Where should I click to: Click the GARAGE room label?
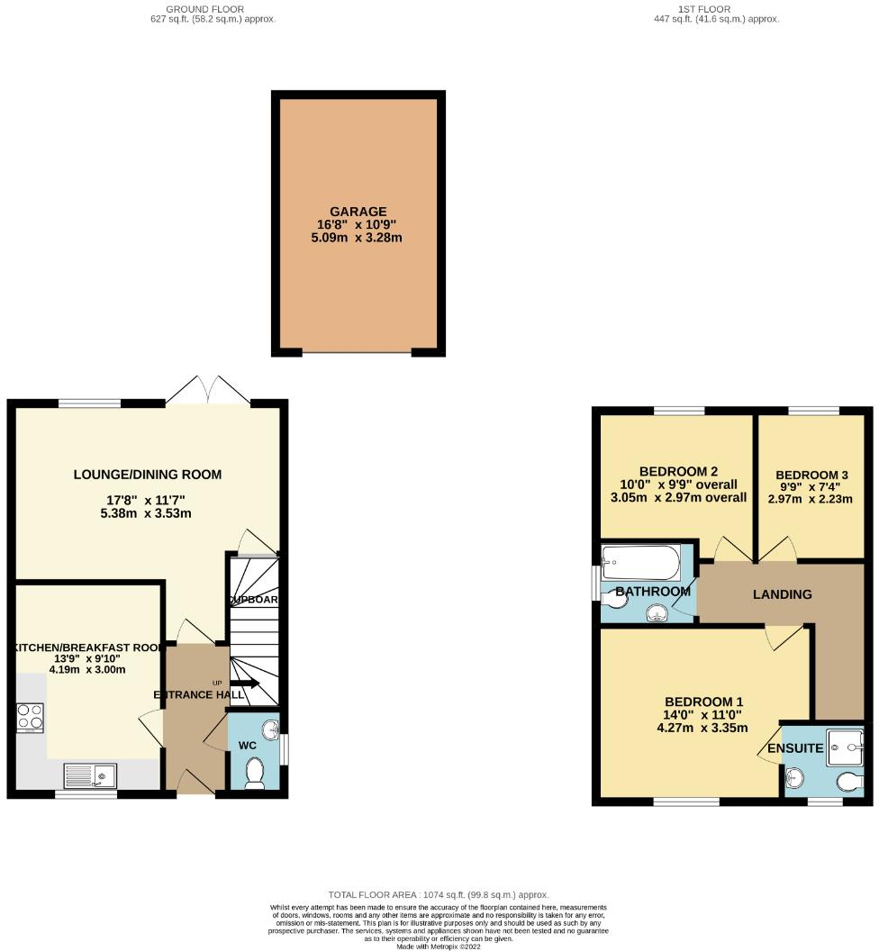tap(358, 212)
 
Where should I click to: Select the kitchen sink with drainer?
tap(91, 774)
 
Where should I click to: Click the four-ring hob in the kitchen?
tap(30, 717)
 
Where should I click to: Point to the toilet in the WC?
tap(255, 773)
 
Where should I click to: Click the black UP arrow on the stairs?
tap(245, 684)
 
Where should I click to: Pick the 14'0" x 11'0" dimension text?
tap(703, 715)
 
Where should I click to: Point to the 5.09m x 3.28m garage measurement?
tap(358, 238)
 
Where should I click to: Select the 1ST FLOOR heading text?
tap(716, 8)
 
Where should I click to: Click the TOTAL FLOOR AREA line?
tap(439, 894)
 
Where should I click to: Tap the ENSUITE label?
tap(795, 748)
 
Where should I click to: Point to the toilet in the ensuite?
tap(848, 781)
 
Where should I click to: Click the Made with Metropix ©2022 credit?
tap(439, 945)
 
